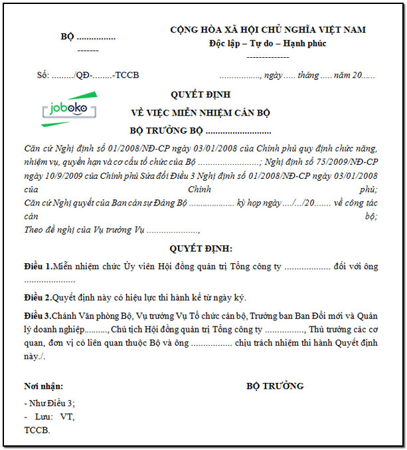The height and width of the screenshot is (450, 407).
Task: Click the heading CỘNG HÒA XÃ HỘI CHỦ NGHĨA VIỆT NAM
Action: pos(268,30)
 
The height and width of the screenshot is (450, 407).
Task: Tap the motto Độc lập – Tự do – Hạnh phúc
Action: pos(268,44)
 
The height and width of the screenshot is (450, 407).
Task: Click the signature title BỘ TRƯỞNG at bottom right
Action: pos(275,386)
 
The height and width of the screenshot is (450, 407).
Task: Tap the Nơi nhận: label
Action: pos(43,386)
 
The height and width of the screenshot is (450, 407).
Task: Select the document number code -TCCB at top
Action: pos(125,75)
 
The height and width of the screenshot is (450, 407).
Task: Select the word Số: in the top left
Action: pos(43,75)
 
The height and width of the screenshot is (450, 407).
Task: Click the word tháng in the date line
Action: pos(308,75)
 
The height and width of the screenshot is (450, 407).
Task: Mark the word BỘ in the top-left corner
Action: pos(67,37)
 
